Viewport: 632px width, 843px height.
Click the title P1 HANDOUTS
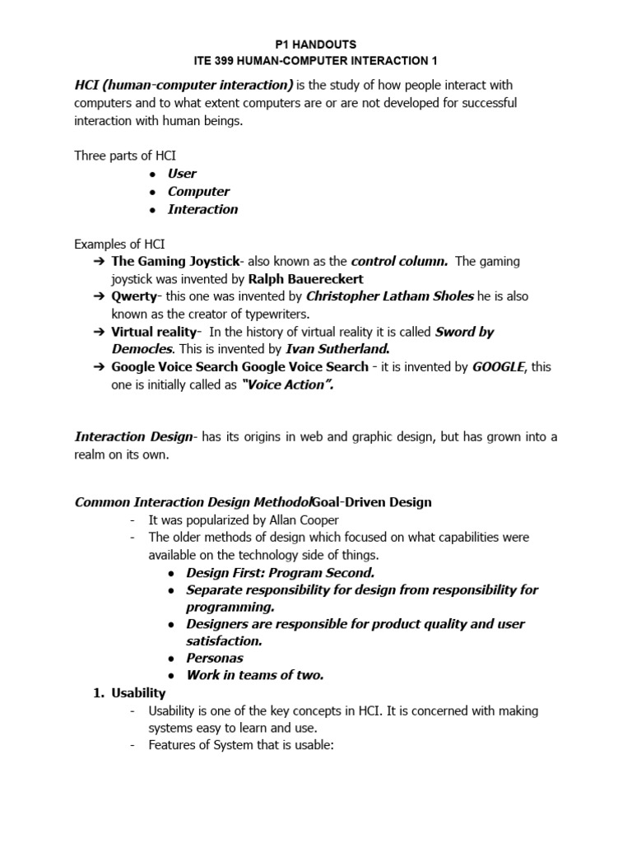316,44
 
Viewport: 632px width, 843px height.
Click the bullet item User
182,174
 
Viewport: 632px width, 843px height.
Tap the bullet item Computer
198,191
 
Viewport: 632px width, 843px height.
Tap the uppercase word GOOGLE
498,367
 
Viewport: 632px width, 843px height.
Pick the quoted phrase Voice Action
286,384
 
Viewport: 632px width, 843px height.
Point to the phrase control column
399,262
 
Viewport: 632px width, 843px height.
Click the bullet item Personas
215,658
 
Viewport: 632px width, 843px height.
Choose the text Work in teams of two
255,675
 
